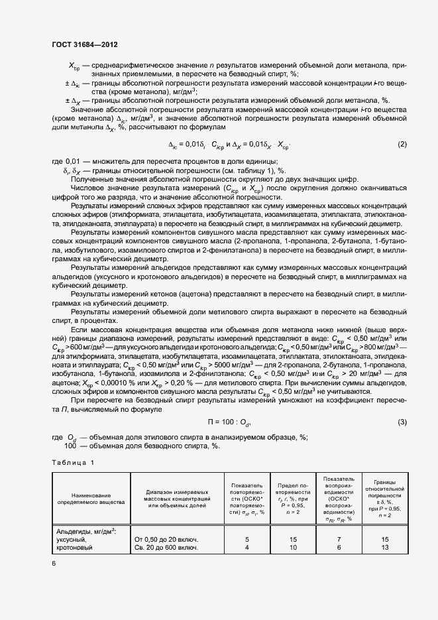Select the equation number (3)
(402, 422)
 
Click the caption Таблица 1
(73, 462)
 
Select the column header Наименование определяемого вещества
(92, 499)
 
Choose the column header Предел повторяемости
(293, 495)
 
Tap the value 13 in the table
(384, 548)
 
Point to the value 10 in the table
(293, 548)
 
